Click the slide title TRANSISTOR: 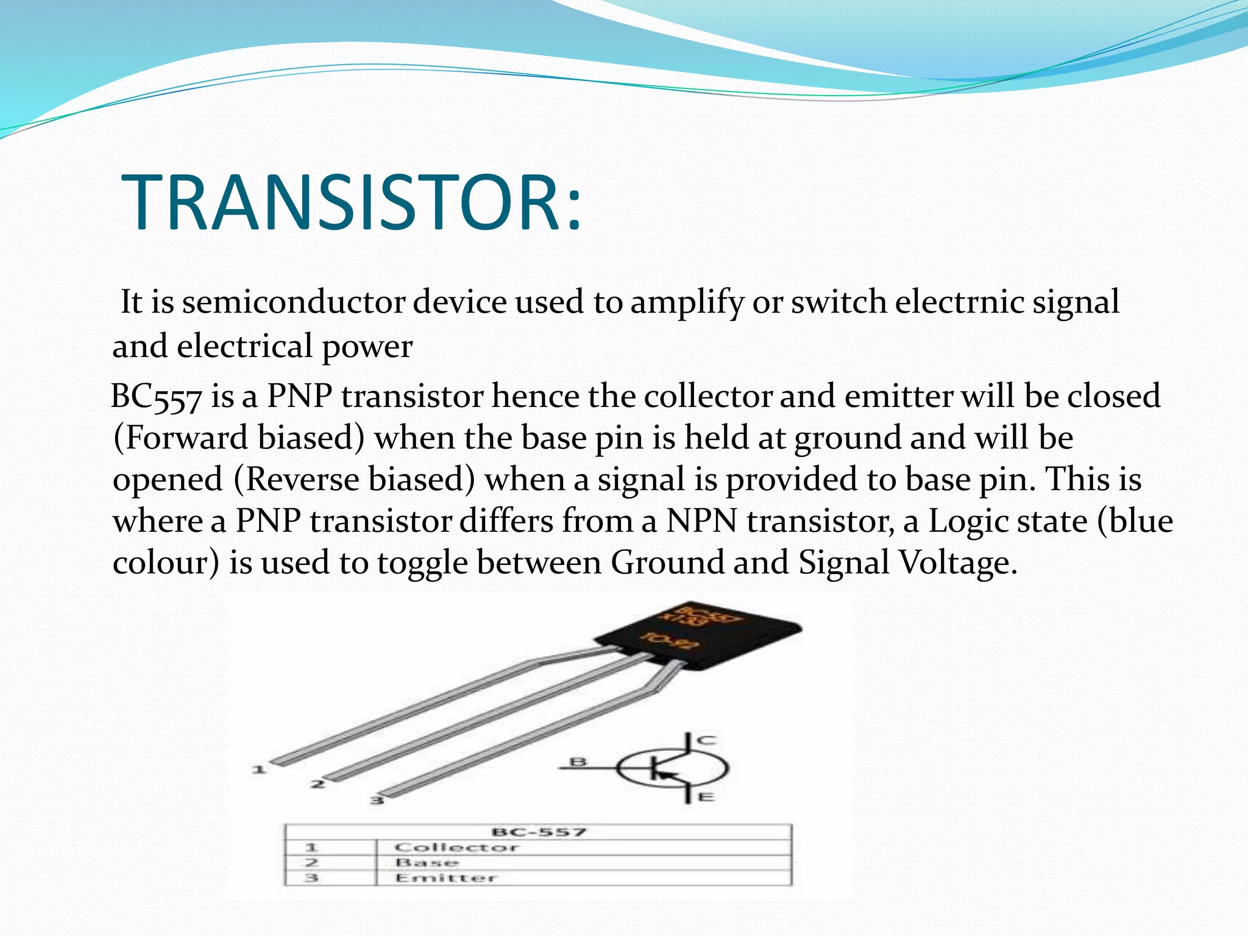click(352, 202)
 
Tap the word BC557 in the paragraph click(156, 397)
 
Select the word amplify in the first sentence click(687, 303)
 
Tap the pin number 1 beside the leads click(259, 770)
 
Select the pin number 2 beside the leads click(317, 784)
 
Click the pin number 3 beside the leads click(377, 800)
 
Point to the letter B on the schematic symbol click(578, 762)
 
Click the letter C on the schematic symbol click(707, 740)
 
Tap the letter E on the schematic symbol click(706, 796)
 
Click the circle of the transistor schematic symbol click(672, 768)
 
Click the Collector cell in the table click(456, 848)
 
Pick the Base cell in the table click(427, 863)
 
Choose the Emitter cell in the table click(446, 878)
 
